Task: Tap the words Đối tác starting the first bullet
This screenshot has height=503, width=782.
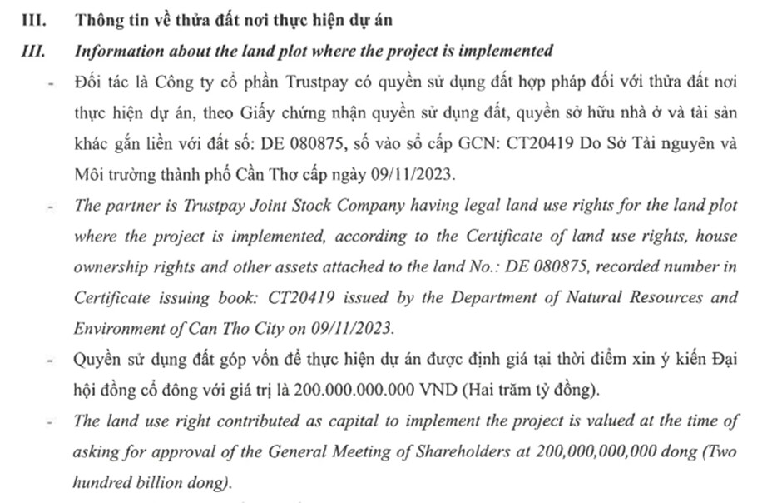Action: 97,84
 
